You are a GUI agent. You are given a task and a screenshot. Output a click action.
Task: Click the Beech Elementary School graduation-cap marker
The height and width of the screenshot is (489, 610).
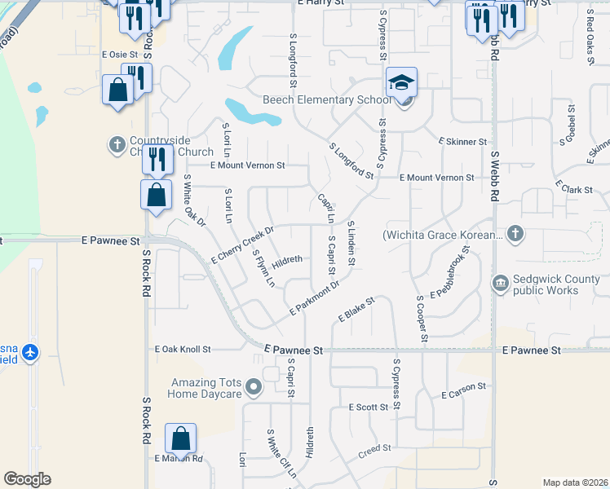402,82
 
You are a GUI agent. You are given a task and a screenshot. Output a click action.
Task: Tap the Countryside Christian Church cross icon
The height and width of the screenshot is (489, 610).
117,146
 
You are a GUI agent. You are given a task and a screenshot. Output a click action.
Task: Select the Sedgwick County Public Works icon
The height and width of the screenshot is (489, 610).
501,283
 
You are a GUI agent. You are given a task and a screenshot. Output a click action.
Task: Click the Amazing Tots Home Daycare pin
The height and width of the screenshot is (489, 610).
254,387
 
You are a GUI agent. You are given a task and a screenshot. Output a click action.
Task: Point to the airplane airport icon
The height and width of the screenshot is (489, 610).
31,352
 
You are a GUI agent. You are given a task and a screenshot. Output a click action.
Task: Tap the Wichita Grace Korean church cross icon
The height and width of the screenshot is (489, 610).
514,235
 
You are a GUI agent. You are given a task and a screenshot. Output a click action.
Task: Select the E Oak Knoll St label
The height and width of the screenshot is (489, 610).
183,349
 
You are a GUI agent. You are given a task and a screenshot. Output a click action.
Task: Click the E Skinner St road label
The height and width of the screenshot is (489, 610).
462,142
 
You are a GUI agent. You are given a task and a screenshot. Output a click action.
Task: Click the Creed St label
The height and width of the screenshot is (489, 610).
375,448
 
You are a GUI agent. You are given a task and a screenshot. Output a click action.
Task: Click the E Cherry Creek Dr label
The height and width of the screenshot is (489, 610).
243,244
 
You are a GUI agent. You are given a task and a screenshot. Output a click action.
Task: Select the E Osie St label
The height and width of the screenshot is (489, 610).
120,55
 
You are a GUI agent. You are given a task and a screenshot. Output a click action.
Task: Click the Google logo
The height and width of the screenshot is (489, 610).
27,479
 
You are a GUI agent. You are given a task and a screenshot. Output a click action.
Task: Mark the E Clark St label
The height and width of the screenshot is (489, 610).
575,189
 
